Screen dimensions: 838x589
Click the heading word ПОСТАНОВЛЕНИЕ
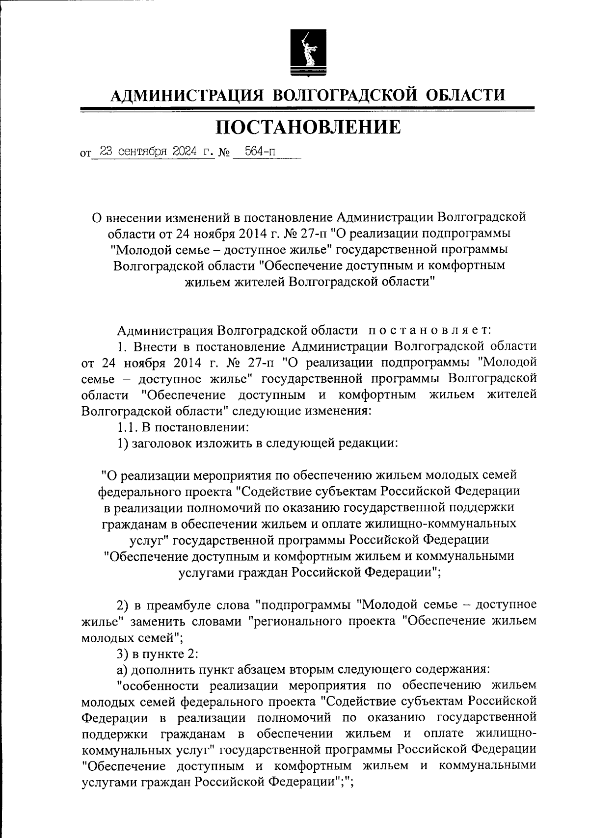(x=308, y=127)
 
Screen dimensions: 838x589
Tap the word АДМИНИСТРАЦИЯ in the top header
(x=186, y=94)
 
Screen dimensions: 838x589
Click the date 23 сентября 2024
(x=150, y=152)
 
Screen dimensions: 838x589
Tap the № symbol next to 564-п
(x=224, y=153)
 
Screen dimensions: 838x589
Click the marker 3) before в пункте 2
(x=122, y=653)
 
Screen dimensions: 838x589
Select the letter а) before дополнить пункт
(x=122, y=669)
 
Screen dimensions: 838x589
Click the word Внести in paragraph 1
(x=156, y=346)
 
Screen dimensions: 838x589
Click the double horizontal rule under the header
(x=307, y=109)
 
